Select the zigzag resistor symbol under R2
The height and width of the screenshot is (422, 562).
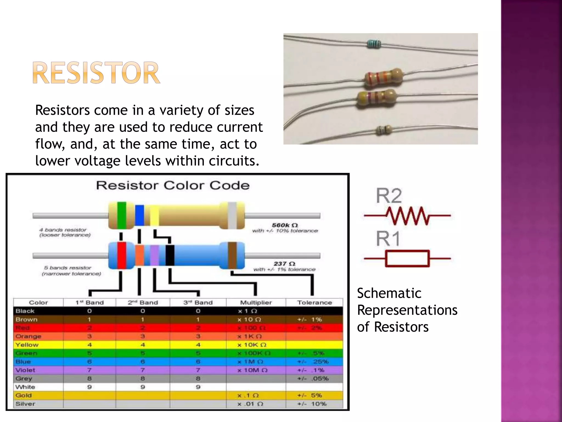click(408, 216)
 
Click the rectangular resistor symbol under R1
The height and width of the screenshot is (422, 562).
click(407, 258)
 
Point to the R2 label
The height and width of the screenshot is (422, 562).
click(389, 196)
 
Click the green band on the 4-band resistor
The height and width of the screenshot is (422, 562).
click(122, 215)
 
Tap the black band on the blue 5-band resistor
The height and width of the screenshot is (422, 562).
click(170, 256)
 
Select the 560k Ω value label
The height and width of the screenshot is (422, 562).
click(285, 225)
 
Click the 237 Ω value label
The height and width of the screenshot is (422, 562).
click(284, 264)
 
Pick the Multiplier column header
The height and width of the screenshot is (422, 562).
click(256, 302)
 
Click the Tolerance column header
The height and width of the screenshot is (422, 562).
click(314, 302)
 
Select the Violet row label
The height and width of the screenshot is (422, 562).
click(25, 370)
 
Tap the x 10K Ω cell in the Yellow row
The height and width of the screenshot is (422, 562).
click(252, 345)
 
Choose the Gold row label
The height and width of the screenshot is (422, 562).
click(24, 395)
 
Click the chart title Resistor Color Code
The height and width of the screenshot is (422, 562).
click(173, 185)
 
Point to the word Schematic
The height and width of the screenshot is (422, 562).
click(389, 293)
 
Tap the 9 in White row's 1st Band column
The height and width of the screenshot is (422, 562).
click(89, 387)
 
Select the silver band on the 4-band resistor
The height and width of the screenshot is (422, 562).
click(232, 215)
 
